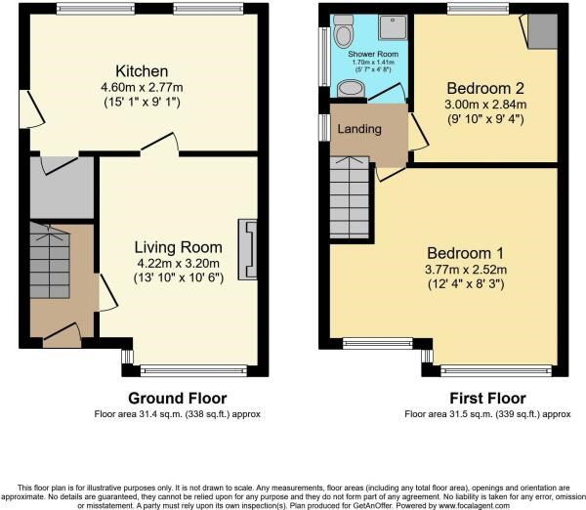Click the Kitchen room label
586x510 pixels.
tap(143, 71)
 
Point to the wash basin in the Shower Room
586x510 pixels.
tap(349, 89)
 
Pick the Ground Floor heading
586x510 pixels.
tap(178, 398)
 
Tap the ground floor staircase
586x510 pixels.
tap(50, 261)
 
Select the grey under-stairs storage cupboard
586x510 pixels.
tap(61, 188)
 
